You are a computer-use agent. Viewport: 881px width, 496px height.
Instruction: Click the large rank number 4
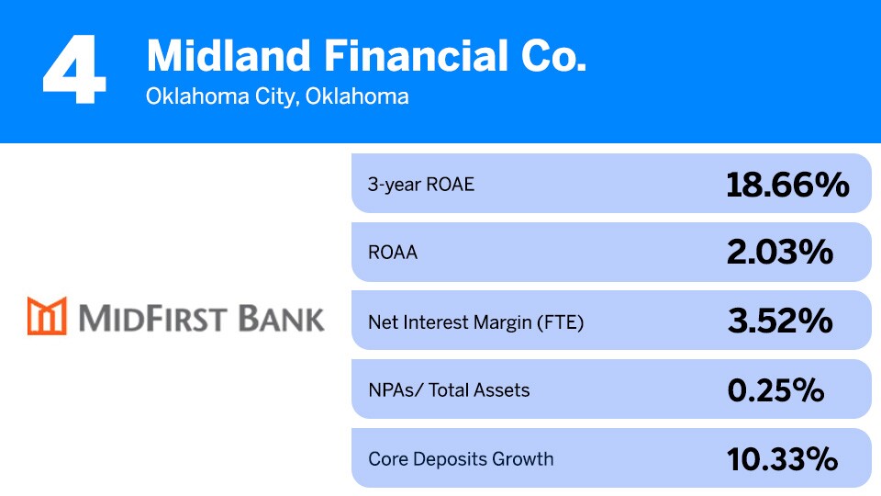point(73,70)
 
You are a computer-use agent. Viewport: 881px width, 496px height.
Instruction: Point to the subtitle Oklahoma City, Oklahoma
point(277,96)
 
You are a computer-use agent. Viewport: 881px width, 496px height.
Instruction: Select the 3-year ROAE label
point(421,184)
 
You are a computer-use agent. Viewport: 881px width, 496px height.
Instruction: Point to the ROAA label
point(392,253)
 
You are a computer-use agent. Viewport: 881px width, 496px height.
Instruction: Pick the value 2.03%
point(779,253)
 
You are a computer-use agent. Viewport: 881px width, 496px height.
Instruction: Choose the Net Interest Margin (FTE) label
point(475,321)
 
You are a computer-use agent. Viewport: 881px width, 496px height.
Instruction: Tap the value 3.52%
point(779,321)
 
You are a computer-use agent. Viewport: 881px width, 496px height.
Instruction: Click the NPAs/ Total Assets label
point(449,390)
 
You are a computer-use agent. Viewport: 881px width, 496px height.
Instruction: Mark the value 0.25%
point(775,390)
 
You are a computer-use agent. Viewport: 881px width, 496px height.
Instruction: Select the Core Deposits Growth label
point(461,458)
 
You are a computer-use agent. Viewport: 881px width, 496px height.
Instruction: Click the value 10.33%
point(782,458)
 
